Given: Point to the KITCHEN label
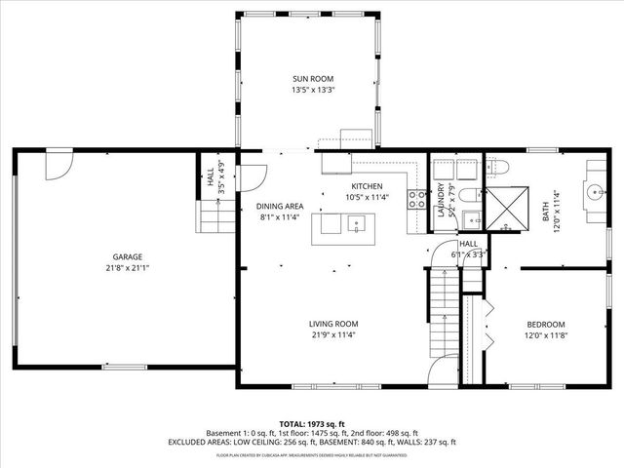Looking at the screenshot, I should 367,186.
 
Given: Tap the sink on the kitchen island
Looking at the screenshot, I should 357,226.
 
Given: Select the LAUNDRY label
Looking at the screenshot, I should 442,199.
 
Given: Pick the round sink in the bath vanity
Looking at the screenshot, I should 594,191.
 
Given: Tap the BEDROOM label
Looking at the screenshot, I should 545,324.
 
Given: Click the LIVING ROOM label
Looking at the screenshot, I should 333,324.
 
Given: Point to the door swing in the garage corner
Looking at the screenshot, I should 59,164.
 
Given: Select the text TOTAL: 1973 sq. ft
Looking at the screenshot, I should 311,424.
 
